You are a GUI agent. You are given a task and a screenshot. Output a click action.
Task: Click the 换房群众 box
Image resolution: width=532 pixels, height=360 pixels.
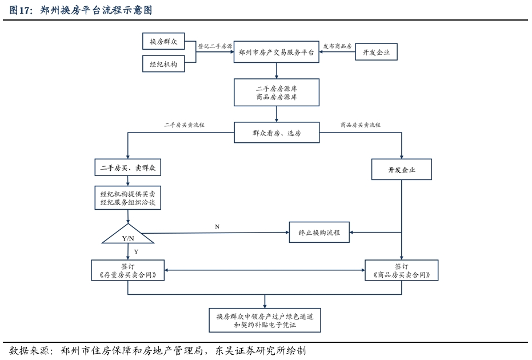pyautogui.click(x=163, y=41)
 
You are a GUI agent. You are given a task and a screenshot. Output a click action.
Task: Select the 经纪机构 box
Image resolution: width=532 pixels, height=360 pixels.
pyautogui.click(x=163, y=64)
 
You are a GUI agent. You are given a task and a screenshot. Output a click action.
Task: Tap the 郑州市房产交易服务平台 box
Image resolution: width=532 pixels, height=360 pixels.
pyautogui.click(x=276, y=52)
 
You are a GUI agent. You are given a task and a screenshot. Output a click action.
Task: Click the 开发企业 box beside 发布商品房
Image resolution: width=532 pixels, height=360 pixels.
pyautogui.click(x=376, y=52)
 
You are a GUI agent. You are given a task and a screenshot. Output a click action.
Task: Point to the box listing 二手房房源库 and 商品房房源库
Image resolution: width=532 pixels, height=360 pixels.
pyautogui.click(x=277, y=93)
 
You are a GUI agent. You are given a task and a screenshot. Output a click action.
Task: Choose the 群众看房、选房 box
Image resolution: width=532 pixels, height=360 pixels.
pyautogui.click(x=277, y=133)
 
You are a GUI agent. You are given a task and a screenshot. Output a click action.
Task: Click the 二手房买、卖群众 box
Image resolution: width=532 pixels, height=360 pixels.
pyautogui.click(x=128, y=167)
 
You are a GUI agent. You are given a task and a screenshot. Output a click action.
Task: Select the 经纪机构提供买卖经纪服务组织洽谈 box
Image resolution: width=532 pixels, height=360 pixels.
pyautogui.click(x=128, y=198)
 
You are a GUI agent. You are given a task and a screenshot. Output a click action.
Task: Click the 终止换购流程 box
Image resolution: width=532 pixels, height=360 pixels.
pyautogui.click(x=319, y=233)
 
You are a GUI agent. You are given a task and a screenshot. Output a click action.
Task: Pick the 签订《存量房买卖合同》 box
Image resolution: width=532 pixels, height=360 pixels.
pyautogui.click(x=128, y=270)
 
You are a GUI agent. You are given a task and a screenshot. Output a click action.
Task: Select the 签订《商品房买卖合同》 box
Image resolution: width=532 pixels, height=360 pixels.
pyautogui.click(x=402, y=270)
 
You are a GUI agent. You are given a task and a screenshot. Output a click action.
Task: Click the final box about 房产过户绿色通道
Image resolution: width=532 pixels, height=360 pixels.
pyautogui.click(x=265, y=321)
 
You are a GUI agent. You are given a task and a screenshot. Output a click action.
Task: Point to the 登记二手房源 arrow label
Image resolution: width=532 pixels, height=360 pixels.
pyautogui.click(x=215, y=46)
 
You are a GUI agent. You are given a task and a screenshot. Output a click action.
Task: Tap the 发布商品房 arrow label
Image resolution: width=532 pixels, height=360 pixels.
pyautogui.click(x=337, y=46)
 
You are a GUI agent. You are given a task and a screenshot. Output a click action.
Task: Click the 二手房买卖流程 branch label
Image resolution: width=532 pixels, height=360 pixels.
pyautogui.click(x=184, y=125)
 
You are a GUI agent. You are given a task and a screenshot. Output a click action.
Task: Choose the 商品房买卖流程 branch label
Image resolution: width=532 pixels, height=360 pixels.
pyautogui.click(x=361, y=125)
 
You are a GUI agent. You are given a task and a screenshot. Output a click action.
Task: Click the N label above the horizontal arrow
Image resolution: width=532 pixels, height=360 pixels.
pyautogui.click(x=217, y=227)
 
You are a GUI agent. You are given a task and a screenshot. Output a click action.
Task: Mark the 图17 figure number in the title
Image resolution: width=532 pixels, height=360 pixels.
pyautogui.click(x=20, y=10)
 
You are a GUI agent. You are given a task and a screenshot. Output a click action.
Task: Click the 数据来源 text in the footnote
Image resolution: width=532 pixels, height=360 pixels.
pyautogui.click(x=29, y=350)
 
